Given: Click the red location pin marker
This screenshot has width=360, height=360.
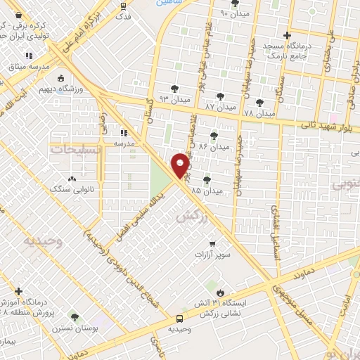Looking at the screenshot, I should (x=181, y=165).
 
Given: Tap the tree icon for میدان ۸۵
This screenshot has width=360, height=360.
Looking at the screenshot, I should (x=207, y=181).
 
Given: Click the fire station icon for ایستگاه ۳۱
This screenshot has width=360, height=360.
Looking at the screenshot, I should (x=221, y=292).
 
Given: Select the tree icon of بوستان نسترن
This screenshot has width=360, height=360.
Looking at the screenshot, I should (x=75, y=318).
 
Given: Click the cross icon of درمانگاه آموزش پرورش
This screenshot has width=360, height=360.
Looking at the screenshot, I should (x=18, y=290).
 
